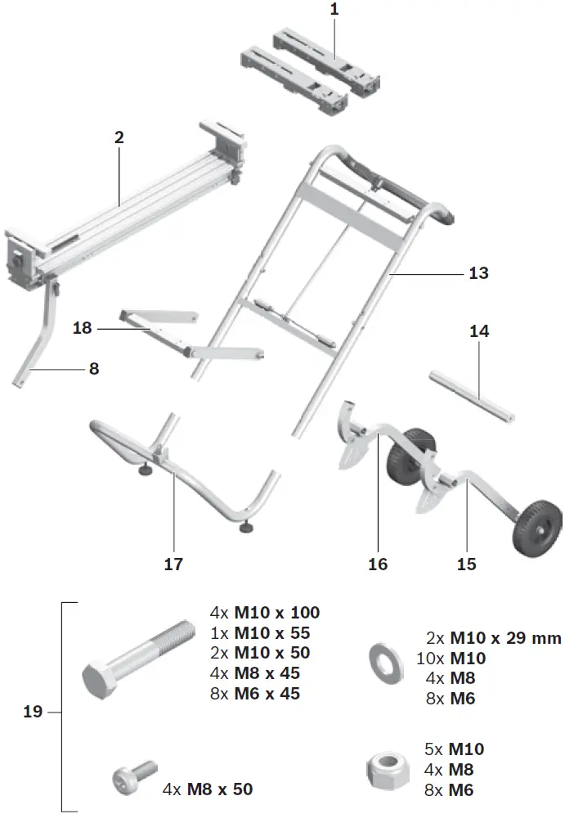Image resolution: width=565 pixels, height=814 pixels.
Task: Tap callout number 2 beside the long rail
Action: tap(119, 137)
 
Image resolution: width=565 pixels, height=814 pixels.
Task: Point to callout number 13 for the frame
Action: tap(478, 273)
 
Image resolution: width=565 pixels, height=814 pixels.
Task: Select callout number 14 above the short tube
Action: tap(479, 331)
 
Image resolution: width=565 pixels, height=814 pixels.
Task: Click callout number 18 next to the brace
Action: tap(83, 328)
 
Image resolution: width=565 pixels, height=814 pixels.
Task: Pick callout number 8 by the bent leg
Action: tap(94, 369)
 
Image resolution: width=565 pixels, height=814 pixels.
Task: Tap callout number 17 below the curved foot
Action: tap(173, 564)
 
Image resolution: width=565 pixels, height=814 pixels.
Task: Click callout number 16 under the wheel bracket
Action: tap(378, 564)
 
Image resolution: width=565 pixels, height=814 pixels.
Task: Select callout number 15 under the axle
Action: tap(466, 564)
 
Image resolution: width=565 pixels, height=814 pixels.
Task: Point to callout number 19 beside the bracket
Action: tap(33, 712)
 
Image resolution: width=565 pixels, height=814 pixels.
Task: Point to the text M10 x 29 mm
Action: tap(494, 637)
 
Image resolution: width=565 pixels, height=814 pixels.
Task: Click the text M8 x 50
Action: tap(220, 789)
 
